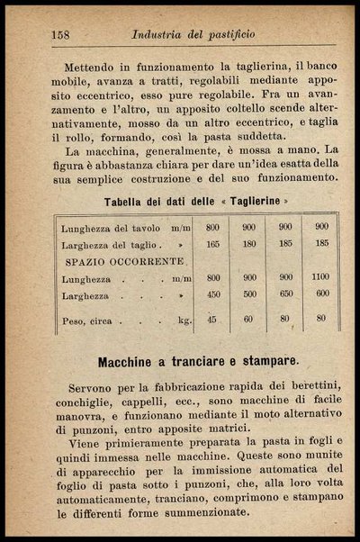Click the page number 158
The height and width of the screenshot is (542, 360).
(x=61, y=34)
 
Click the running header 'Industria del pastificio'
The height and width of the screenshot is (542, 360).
(x=193, y=34)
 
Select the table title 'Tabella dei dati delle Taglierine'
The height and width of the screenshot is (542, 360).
(x=197, y=200)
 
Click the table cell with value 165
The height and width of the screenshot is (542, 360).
(x=212, y=244)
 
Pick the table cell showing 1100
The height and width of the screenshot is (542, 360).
(x=321, y=278)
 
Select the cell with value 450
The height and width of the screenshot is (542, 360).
(x=212, y=294)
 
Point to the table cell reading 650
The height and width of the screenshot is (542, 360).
(x=284, y=294)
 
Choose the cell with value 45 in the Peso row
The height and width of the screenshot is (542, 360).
(x=212, y=319)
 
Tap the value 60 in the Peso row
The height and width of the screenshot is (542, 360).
(x=249, y=319)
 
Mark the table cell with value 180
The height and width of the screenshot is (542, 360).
(x=249, y=244)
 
